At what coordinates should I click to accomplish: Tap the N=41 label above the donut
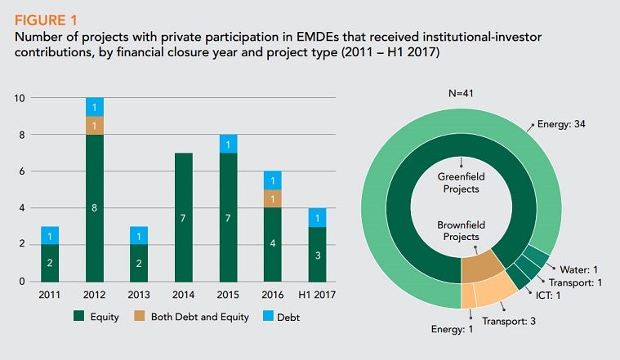click(x=462, y=93)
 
